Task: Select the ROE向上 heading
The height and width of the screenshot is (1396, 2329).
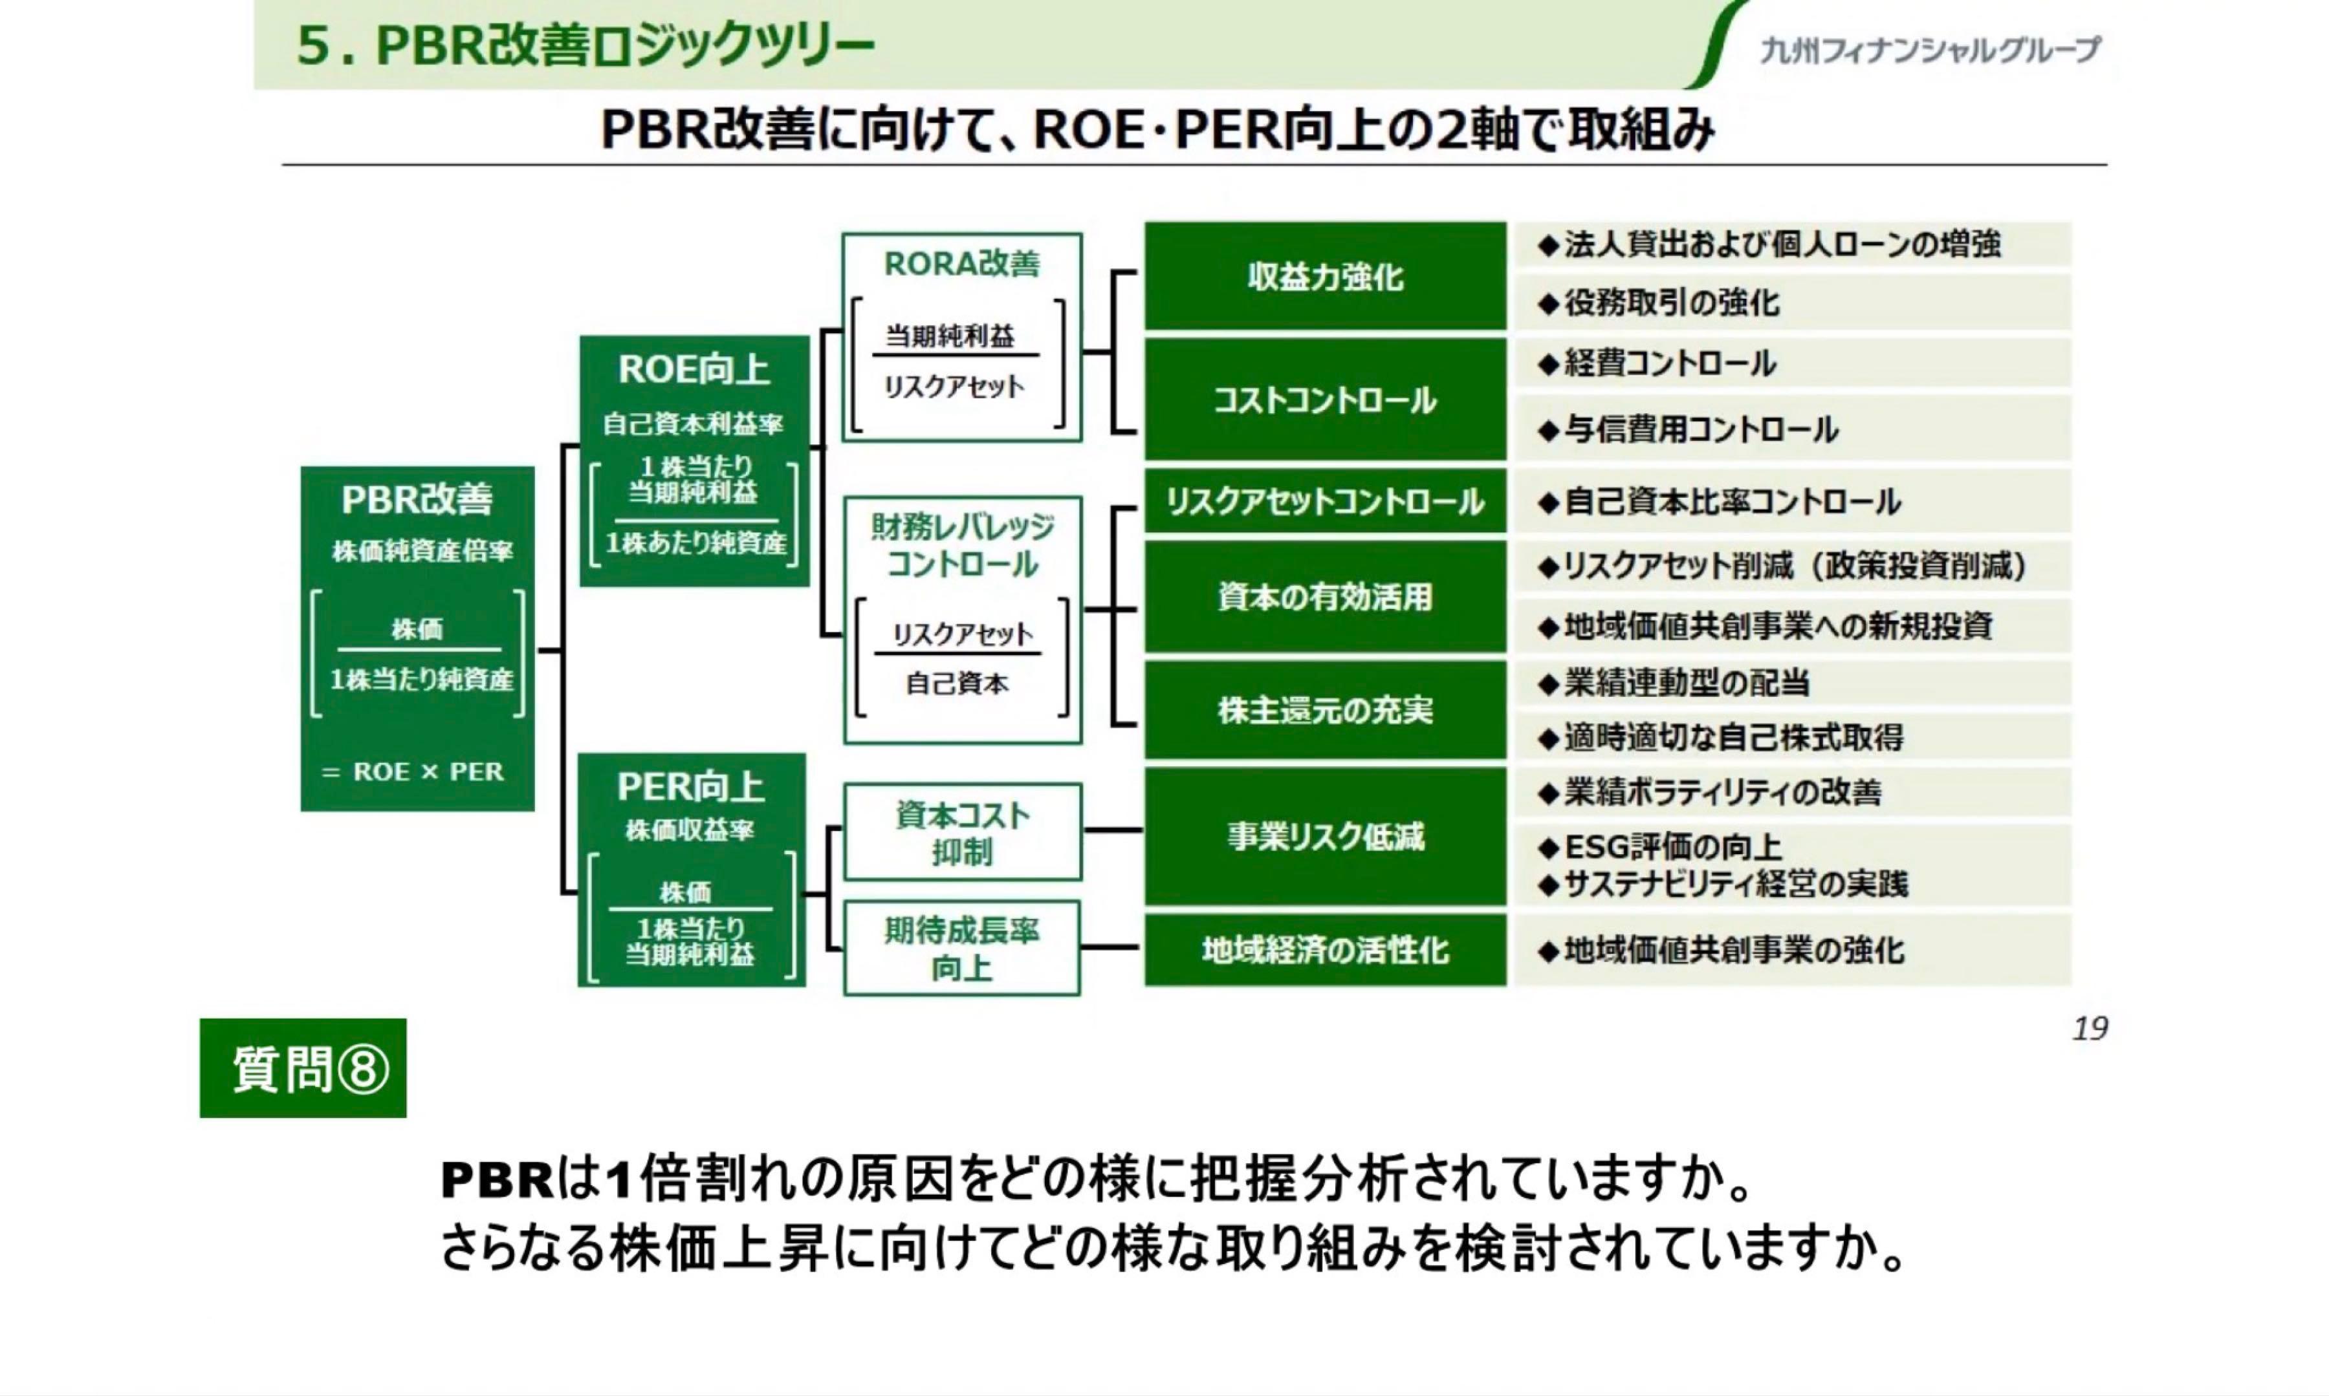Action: point(694,370)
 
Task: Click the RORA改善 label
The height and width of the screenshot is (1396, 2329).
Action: point(962,264)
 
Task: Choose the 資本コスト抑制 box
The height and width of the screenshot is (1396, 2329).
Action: point(962,833)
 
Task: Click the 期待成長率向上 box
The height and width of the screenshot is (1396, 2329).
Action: point(962,948)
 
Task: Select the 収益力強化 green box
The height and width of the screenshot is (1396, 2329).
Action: point(1324,277)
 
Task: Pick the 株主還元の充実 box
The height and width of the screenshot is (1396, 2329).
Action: point(1324,710)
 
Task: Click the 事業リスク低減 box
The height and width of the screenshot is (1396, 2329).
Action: point(1324,836)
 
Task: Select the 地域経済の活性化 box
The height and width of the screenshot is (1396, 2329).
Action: point(1324,950)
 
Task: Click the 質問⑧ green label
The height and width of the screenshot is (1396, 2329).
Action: point(303,1069)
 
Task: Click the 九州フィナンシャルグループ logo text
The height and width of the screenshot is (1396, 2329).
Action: point(1929,49)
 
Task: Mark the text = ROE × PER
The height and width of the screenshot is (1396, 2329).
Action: point(413,772)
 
